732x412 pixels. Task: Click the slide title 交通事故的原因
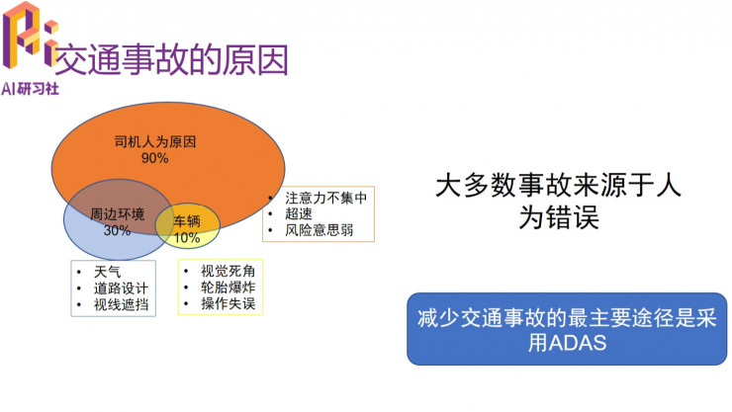[170, 59]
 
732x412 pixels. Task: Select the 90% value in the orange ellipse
[155, 157]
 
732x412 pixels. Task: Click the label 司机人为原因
[155, 141]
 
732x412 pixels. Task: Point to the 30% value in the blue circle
[117, 230]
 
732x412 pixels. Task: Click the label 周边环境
[117, 214]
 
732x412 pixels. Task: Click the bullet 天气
[108, 271]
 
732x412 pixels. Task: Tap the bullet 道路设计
[122, 288]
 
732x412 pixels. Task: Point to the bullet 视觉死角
[228, 271]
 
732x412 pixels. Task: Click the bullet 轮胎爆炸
[228, 288]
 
